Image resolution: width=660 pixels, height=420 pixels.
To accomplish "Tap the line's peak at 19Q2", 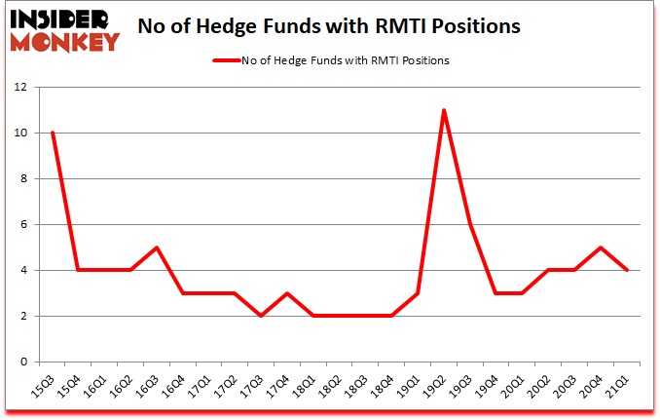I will (x=444, y=110).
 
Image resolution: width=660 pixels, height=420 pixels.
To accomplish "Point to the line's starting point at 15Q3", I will (x=52, y=133).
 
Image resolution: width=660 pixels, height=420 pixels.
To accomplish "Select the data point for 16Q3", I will (x=156, y=248).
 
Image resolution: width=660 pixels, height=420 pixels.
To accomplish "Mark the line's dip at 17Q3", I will (x=261, y=316).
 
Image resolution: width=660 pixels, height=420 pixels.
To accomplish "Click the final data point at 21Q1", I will (x=627, y=270).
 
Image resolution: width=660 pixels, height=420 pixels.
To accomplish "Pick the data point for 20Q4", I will (x=601, y=248).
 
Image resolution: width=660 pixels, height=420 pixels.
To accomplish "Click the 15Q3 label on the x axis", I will (x=43, y=387).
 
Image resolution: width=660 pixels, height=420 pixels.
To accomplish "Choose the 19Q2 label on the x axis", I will (x=435, y=387).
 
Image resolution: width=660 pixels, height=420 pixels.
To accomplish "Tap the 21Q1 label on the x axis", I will (x=618, y=387).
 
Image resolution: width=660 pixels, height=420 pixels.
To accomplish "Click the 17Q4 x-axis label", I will (x=278, y=387).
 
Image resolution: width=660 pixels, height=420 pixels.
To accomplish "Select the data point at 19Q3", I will (x=470, y=224).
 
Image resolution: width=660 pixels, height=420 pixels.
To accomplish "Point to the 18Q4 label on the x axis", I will (x=383, y=387).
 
